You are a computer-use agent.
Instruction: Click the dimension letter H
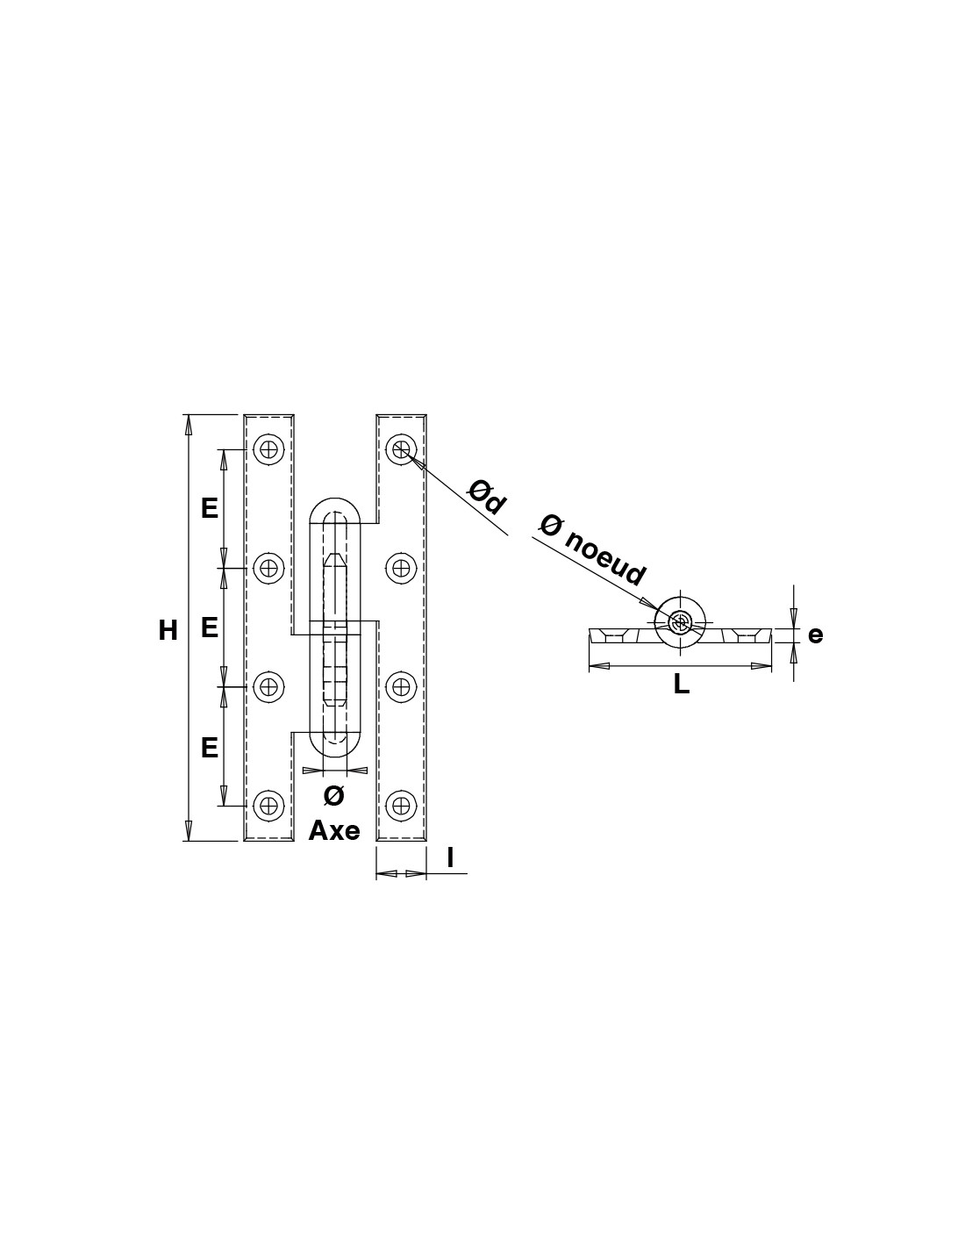click(168, 631)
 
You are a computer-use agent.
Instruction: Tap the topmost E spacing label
click(210, 508)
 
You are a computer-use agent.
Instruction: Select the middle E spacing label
click(210, 628)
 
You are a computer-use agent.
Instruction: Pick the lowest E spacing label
click(210, 749)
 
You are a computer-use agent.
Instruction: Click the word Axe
click(334, 830)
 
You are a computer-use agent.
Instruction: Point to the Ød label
click(487, 497)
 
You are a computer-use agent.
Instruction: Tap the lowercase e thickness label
click(815, 635)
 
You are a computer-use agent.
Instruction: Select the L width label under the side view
click(681, 685)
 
